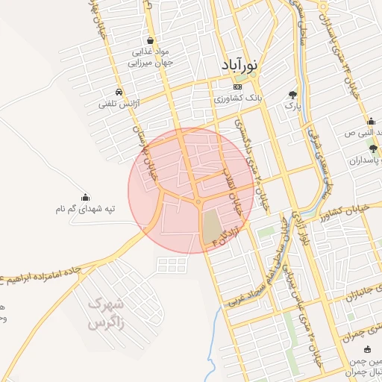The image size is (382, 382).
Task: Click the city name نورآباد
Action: [x=239, y=66]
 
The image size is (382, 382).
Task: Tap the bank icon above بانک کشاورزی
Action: [x=237, y=87]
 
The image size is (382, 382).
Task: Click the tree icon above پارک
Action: [x=292, y=95]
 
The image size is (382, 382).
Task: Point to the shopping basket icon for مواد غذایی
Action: [x=151, y=40]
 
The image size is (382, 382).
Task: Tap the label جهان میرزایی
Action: [x=151, y=63]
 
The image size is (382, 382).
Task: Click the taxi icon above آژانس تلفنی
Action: [x=113, y=94]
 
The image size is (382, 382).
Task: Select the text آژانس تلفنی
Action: [x=114, y=105]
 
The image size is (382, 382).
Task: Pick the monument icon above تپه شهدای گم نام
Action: [x=85, y=198]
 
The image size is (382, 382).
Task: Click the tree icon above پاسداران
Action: [x=373, y=149]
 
